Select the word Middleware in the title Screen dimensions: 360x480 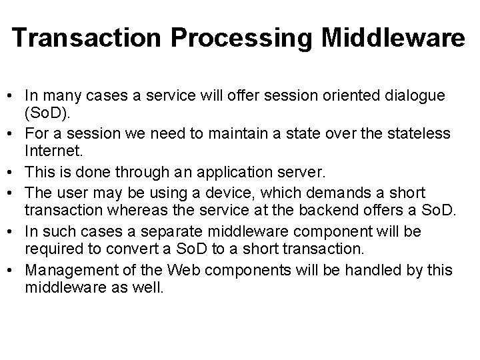(x=393, y=38)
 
